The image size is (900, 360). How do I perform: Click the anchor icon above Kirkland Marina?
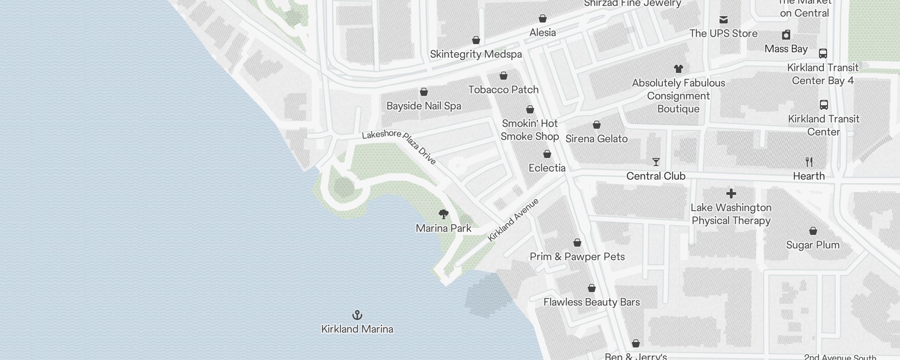(x=357, y=315)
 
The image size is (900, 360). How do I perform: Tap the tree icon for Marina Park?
(x=444, y=214)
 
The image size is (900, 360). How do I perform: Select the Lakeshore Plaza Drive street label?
(x=399, y=146)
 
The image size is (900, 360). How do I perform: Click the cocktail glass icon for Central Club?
(x=656, y=162)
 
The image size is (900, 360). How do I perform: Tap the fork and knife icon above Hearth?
(x=809, y=162)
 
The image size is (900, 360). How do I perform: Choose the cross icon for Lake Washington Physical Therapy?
(x=731, y=193)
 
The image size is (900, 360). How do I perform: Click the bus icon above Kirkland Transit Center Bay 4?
(x=823, y=54)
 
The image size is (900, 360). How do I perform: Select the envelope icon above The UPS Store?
(x=724, y=20)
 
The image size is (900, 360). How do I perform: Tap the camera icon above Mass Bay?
(x=786, y=35)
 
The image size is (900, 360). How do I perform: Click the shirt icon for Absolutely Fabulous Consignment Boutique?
(x=679, y=69)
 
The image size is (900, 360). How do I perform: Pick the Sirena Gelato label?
(x=596, y=139)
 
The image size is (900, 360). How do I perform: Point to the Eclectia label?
(x=547, y=168)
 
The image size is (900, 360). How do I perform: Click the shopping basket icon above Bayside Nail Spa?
(x=424, y=92)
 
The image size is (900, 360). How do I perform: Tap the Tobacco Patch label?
(x=503, y=90)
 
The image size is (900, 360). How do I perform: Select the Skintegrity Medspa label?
(x=476, y=54)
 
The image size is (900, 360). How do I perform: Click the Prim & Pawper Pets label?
(x=577, y=256)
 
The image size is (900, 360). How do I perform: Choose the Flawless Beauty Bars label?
(x=591, y=302)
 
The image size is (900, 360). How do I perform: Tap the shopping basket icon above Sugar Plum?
(x=813, y=231)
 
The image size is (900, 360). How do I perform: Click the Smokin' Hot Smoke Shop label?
(x=530, y=130)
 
